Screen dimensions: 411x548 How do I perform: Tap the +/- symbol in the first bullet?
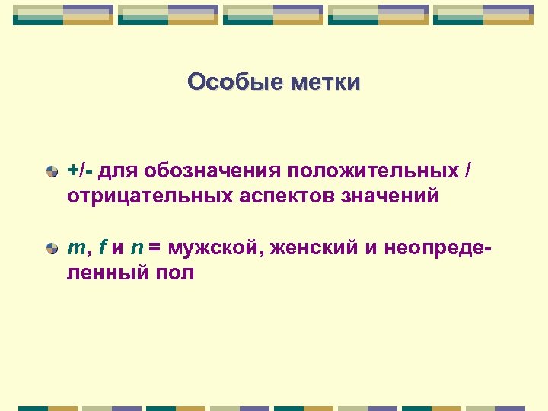(x=78, y=170)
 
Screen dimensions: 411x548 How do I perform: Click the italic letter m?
(x=75, y=247)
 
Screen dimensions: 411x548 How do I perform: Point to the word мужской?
(x=210, y=247)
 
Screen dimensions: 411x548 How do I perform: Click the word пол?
(x=177, y=272)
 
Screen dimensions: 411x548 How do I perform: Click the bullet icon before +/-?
(x=51, y=171)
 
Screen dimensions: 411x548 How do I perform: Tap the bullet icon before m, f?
(x=51, y=248)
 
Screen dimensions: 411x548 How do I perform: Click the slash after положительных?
(x=467, y=170)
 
